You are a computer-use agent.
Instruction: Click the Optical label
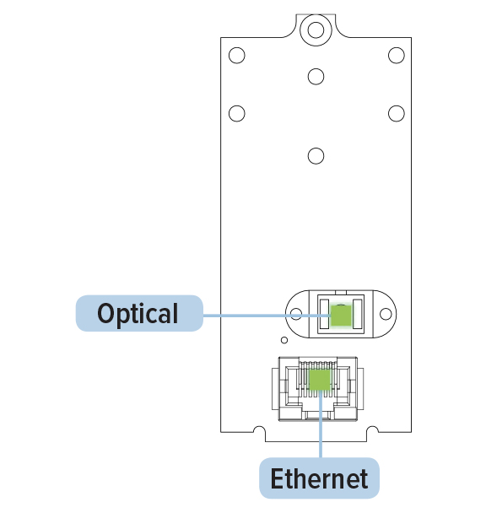[139, 313]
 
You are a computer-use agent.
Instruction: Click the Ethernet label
[319, 478]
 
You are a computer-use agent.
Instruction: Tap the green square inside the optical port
[341, 316]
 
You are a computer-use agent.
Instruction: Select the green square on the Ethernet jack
[320, 380]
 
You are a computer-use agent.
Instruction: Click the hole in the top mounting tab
[316, 30]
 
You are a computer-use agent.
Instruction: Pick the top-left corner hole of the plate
[237, 56]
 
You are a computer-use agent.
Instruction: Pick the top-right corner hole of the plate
[397, 56]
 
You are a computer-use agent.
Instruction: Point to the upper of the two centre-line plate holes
[316, 77]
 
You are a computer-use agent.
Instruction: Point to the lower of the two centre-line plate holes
[316, 156]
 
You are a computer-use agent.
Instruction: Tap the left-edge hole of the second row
[237, 114]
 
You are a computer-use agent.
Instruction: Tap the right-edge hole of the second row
[397, 114]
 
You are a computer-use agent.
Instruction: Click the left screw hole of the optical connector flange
[296, 314]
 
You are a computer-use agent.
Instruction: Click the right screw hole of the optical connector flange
[386, 314]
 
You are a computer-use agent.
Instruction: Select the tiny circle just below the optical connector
[284, 340]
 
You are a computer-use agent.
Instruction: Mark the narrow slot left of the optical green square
[324, 314]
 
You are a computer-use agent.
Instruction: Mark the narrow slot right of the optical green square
[357, 314]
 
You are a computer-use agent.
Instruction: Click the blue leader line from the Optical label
[267, 316]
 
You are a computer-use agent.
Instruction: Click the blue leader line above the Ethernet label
[321, 424]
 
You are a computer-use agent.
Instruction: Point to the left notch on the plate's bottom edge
[259, 431]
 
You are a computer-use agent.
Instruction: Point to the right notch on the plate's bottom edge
[372, 431]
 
